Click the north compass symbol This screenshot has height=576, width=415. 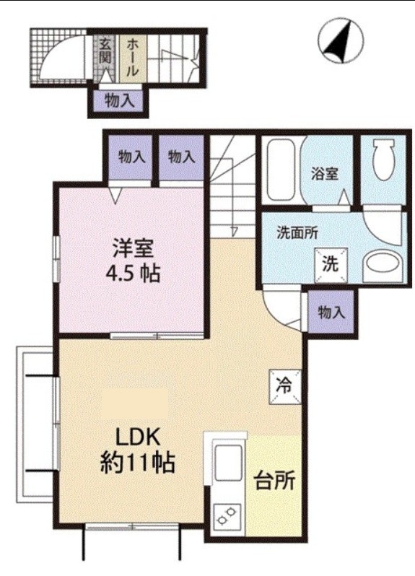(341, 40)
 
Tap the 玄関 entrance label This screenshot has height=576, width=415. (105, 51)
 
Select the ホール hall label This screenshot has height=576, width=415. (133, 57)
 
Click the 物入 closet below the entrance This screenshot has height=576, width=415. (120, 100)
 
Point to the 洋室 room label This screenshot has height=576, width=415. (133, 248)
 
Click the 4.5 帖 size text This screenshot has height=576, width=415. (133, 274)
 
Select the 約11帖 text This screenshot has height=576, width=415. (137, 463)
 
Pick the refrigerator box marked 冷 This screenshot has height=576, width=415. (285, 387)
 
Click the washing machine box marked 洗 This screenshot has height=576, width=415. (331, 265)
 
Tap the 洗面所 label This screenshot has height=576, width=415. (297, 233)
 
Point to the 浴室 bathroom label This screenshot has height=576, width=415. (325, 174)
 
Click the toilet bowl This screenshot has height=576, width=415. (384, 159)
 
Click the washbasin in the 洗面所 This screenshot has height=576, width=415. (382, 266)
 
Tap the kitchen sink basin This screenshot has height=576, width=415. (228, 463)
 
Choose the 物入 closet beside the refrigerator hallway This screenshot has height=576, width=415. (331, 313)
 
